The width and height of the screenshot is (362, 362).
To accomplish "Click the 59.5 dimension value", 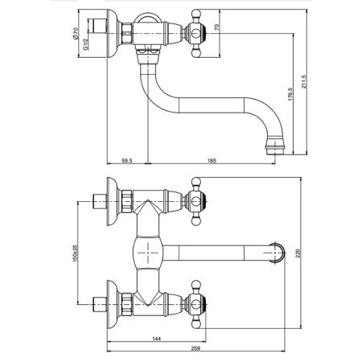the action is click(127, 161).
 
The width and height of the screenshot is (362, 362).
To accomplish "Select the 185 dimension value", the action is click(212, 161).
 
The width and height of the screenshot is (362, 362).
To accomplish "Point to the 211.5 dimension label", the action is click(303, 82).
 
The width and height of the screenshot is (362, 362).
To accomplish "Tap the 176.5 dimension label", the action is click(290, 94).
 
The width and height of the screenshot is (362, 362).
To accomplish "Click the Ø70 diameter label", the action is click(75, 33).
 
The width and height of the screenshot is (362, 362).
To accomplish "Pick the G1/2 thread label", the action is click(85, 44).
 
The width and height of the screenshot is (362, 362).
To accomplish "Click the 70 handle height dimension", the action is click(217, 27).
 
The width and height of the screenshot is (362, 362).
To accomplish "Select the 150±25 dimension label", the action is click(75, 253).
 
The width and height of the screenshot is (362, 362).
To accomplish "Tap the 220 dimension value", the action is click(299, 253).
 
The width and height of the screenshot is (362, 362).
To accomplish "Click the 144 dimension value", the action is click(157, 339).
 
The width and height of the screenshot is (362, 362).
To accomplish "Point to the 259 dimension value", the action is click(196, 348).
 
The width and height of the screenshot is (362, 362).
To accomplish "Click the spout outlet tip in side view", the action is click(274, 152).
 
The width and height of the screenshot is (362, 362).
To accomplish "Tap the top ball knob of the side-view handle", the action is click(196, 14).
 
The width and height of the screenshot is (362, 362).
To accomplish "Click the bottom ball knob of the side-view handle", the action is click(196, 54).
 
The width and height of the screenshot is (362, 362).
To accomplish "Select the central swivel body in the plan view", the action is click(148, 253).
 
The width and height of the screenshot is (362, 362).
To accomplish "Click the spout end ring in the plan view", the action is click(281, 253).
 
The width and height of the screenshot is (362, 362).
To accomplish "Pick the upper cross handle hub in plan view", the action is click(196, 201).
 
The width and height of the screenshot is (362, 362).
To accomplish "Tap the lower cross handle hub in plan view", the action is click(196, 305).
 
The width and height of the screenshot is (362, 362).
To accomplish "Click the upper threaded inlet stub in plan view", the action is click(100, 201).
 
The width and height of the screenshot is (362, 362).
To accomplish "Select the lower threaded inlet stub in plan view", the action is click(100, 305).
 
